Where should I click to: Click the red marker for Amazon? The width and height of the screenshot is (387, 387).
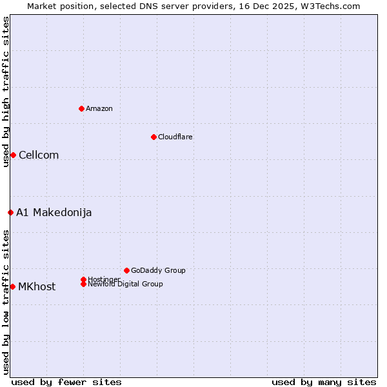(81, 108)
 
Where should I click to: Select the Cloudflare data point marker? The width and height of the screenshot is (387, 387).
(154, 137)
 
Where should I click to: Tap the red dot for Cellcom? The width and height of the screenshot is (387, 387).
(13, 155)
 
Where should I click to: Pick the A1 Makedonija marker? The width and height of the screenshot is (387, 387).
(10, 212)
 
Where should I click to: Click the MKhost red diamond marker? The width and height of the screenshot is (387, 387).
(12, 286)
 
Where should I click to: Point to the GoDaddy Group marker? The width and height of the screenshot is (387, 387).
(126, 270)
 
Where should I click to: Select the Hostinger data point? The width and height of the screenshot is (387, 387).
(83, 279)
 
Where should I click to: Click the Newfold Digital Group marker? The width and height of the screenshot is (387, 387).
(83, 284)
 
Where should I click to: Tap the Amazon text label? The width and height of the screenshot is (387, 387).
(99, 108)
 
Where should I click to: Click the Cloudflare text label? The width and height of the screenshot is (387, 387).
(175, 137)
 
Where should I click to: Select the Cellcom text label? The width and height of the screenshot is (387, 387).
(39, 155)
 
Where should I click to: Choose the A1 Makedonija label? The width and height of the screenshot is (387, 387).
(54, 212)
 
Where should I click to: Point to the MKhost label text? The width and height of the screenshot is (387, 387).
(37, 286)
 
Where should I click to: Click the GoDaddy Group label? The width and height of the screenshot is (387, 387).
(158, 270)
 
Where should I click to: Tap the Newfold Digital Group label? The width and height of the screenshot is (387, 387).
(126, 284)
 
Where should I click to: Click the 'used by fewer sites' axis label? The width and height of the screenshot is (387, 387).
(66, 382)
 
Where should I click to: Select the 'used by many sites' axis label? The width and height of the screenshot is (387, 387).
(324, 382)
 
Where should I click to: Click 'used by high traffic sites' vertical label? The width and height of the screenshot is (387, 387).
(6, 92)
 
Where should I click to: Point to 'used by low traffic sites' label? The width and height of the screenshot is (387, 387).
(6, 302)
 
